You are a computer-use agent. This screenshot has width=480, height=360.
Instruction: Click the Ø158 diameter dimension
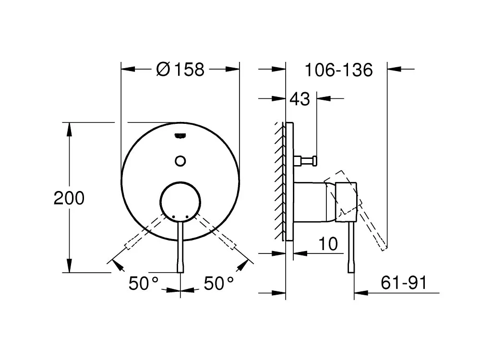[x=180, y=70]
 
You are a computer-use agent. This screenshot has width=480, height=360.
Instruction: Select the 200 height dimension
[x=69, y=198]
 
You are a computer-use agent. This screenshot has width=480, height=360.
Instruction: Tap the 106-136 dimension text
[x=339, y=70]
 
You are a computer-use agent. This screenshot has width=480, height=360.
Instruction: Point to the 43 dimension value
[x=300, y=99]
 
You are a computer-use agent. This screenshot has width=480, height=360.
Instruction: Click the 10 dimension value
[x=328, y=244]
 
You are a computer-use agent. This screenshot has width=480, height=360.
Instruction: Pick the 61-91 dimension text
[x=404, y=283]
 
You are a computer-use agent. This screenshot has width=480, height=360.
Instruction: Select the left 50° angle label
[x=144, y=283]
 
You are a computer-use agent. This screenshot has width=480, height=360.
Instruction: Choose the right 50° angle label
[x=219, y=283]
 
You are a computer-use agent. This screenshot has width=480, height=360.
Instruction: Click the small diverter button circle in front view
[x=180, y=161]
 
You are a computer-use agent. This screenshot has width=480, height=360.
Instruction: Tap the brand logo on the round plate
[x=180, y=136]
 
